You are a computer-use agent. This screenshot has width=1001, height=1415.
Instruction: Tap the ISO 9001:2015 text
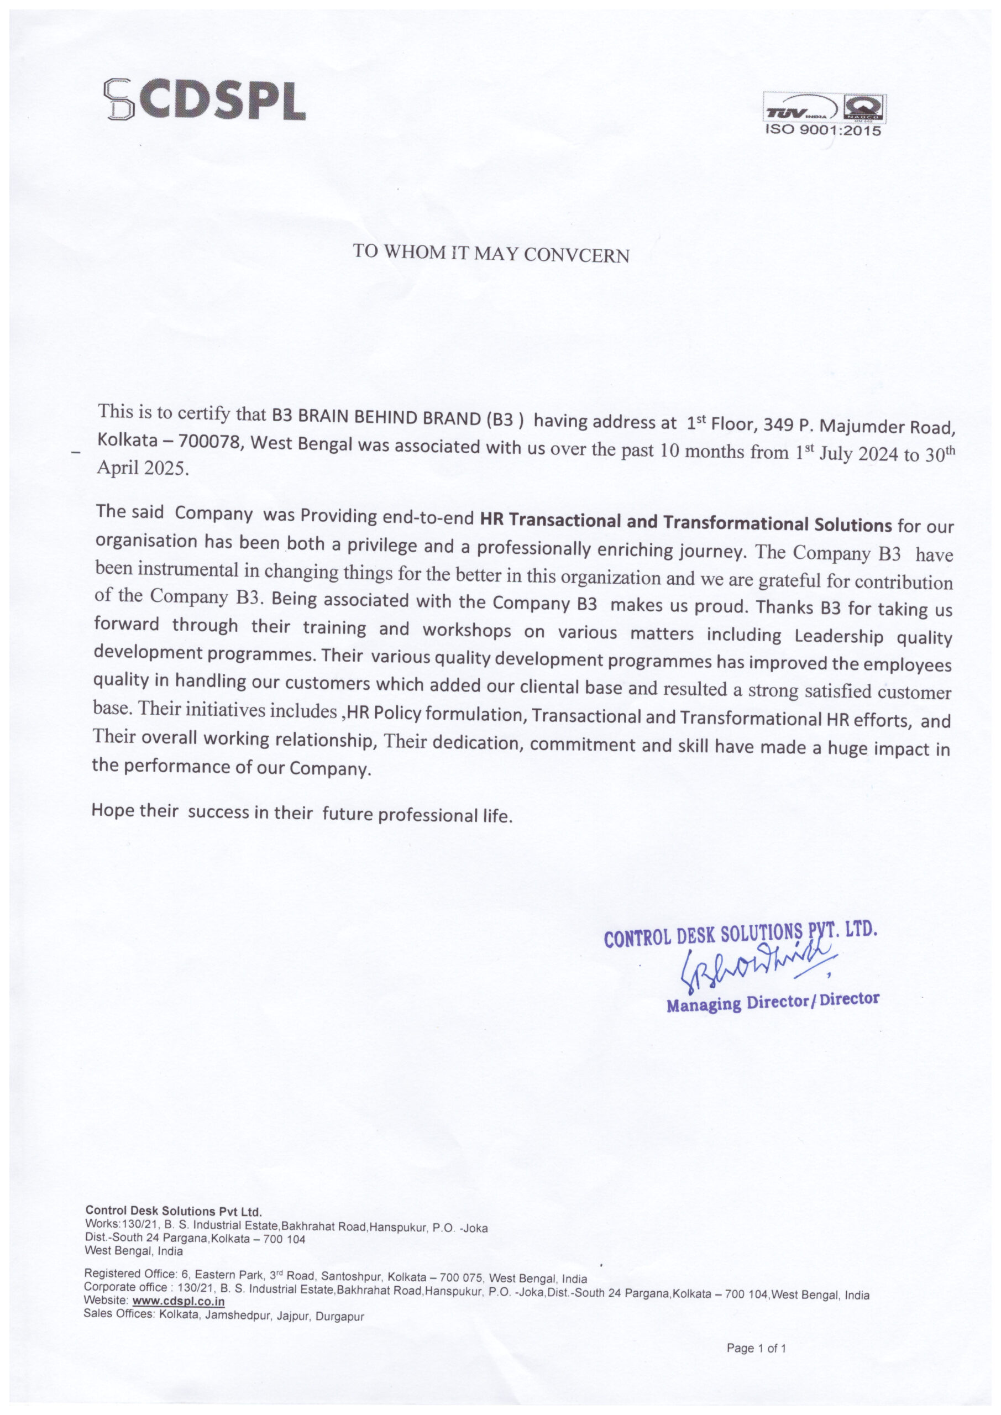point(823,130)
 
